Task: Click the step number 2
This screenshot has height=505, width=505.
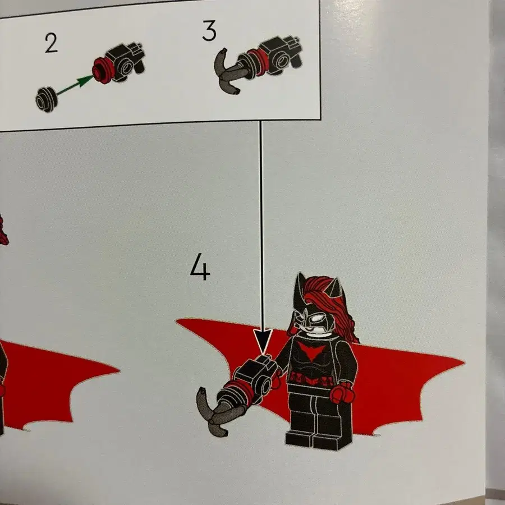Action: (51, 43)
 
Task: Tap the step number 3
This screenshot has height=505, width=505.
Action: (209, 31)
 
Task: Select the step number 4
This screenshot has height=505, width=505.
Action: (200, 267)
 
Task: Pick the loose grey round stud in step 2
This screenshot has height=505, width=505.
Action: (47, 99)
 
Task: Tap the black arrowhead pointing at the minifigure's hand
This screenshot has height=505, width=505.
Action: (263, 341)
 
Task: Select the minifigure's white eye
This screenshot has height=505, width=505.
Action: (318, 319)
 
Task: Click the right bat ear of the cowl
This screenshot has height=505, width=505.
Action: (335, 287)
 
